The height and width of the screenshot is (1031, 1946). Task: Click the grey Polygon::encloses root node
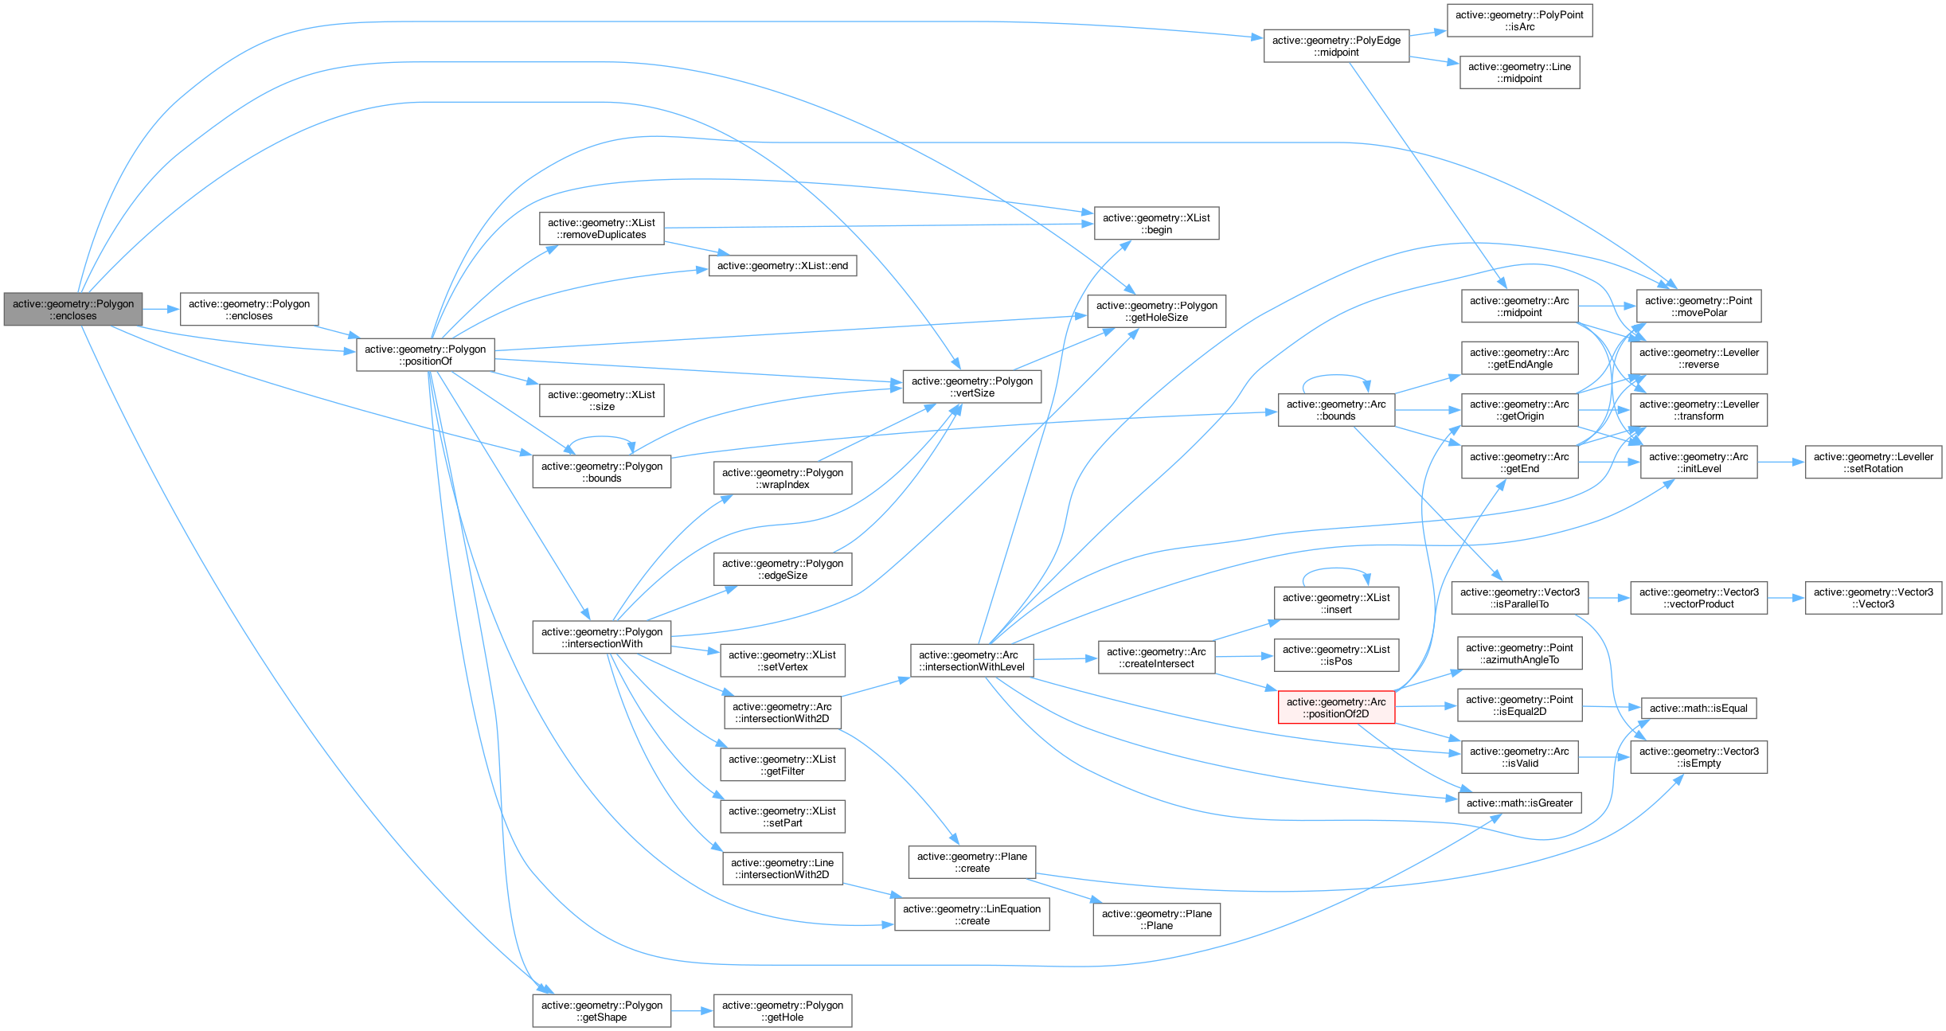click(x=72, y=310)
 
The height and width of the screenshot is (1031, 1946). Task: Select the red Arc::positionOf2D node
click(x=1336, y=708)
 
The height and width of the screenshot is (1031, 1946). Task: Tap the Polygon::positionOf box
click(x=425, y=355)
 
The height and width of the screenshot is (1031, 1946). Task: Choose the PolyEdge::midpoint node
click(x=1336, y=46)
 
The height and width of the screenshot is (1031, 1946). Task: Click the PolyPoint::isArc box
click(x=1519, y=21)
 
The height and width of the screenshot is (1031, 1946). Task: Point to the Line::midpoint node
click(x=1519, y=72)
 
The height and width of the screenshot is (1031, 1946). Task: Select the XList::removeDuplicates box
click(x=601, y=228)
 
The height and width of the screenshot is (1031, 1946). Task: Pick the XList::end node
click(x=782, y=266)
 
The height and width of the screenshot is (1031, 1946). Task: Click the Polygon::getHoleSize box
click(x=1156, y=311)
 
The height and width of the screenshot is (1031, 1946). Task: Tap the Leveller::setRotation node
click(x=1873, y=463)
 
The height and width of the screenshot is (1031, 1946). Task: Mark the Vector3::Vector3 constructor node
click(x=1873, y=598)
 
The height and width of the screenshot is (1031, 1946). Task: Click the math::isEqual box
click(x=1698, y=709)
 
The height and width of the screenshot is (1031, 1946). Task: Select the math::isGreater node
click(x=1519, y=803)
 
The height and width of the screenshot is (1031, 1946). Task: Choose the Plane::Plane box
click(x=1156, y=920)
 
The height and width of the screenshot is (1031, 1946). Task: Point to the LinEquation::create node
click(x=971, y=915)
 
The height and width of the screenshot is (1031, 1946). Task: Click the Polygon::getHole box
click(x=782, y=1011)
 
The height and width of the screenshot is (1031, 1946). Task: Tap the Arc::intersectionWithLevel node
click(x=971, y=661)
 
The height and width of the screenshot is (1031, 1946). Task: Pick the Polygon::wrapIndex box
click(x=782, y=478)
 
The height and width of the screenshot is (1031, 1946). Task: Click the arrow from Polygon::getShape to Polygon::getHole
click(x=692, y=1011)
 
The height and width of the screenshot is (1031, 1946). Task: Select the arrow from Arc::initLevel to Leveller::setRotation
click(x=1780, y=463)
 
